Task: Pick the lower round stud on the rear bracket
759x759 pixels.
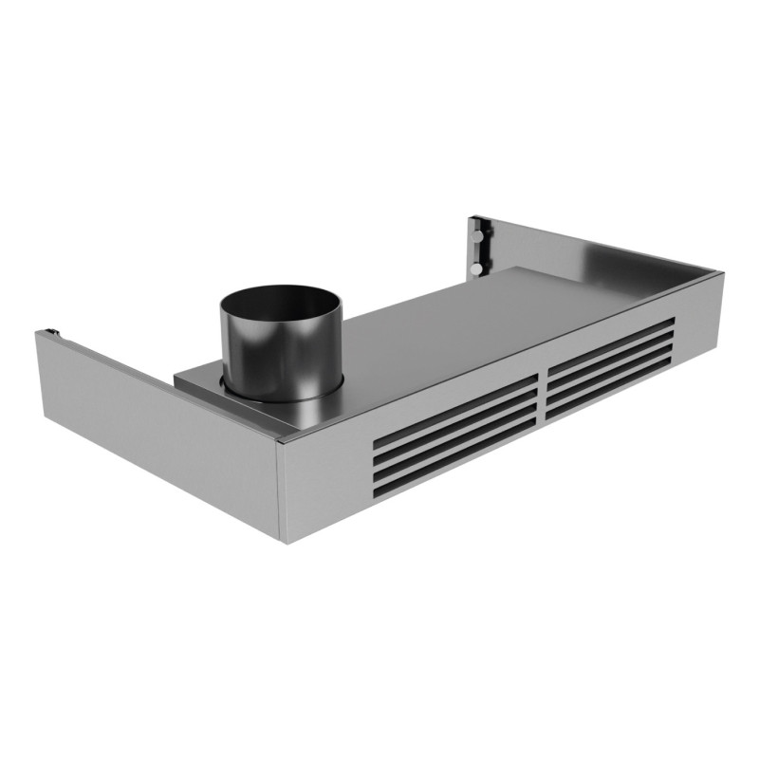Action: (473, 269)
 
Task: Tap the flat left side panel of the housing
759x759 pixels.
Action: (152, 427)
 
